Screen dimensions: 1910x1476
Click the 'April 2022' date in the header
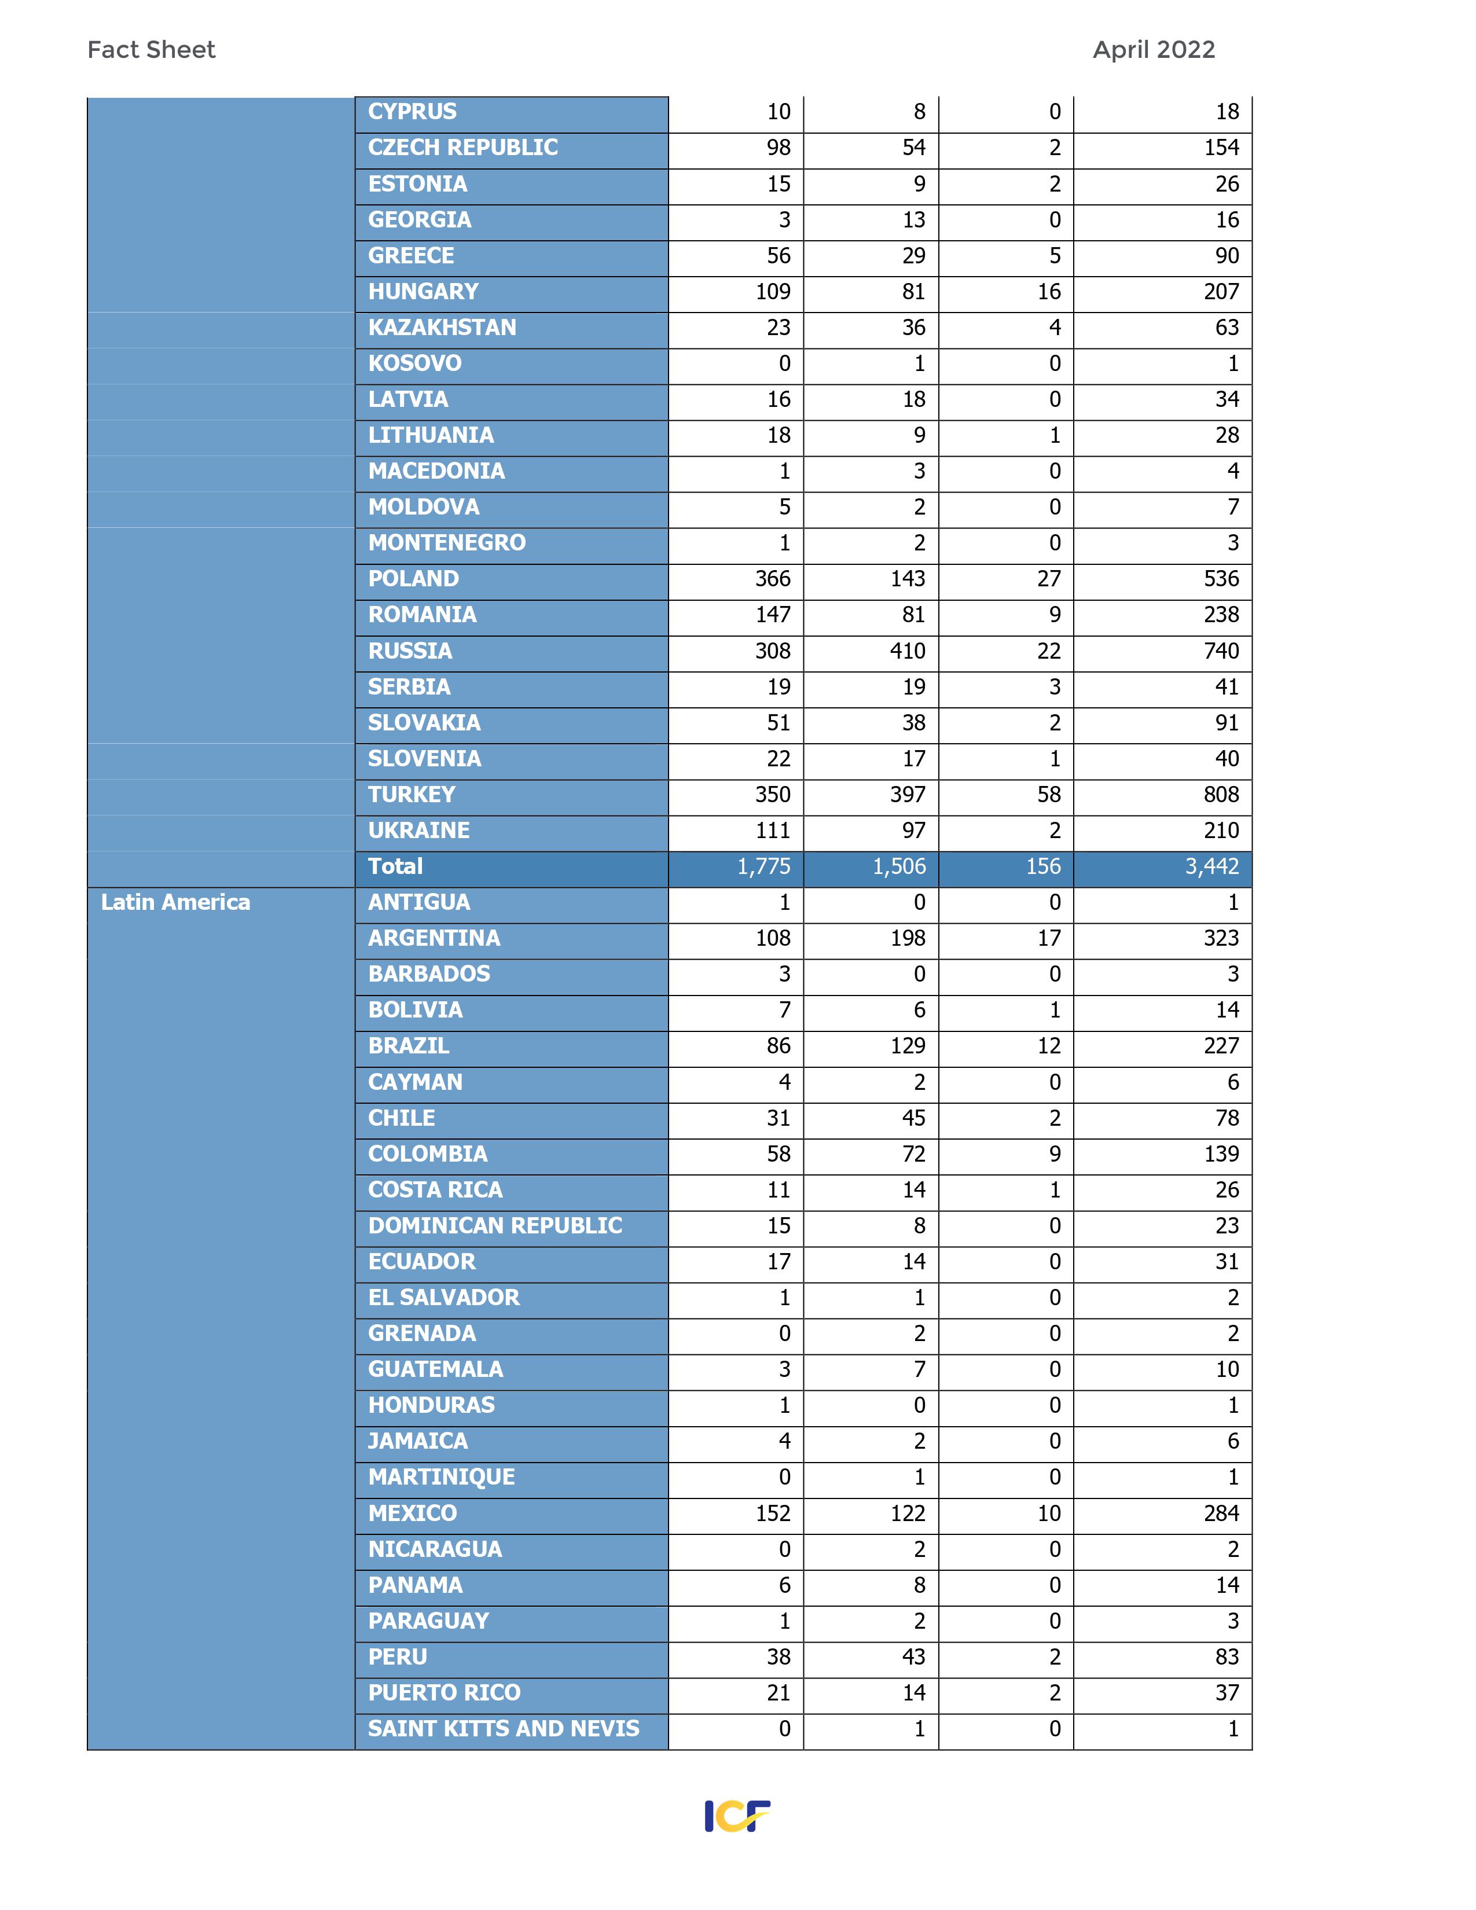[x=1154, y=50]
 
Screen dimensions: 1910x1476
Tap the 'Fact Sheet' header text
[x=151, y=50]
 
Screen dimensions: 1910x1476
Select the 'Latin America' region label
[x=176, y=902]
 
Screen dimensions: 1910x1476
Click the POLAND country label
[x=414, y=579]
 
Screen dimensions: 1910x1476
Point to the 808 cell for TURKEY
[x=1221, y=795]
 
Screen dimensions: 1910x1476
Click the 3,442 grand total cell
[x=1212, y=866]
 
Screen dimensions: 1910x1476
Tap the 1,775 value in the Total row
[x=763, y=866]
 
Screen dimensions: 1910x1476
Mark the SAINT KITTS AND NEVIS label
[x=504, y=1729]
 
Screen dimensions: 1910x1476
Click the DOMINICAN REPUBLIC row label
[x=495, y=1226]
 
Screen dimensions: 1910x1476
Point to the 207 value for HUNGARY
[x=1221, y=292]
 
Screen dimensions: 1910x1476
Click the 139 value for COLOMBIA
[x=1221, y=1155]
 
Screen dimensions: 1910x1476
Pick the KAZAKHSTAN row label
[x=442, y=328]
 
